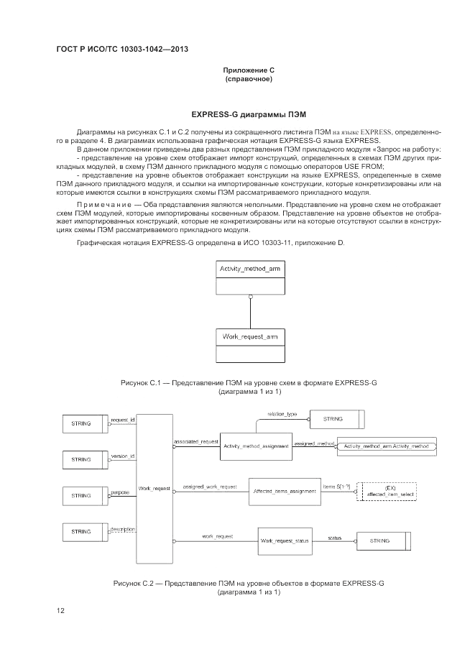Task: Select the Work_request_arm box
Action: (x=249, y=345)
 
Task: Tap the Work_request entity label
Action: (x=154, y=488)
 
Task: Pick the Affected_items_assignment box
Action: (x=285, y=491)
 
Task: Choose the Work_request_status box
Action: (x=285, y=540)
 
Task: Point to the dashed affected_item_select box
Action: (x=386, y=491)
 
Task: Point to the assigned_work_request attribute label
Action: (x=209, y=487)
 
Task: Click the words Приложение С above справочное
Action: (x=249, y=70)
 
